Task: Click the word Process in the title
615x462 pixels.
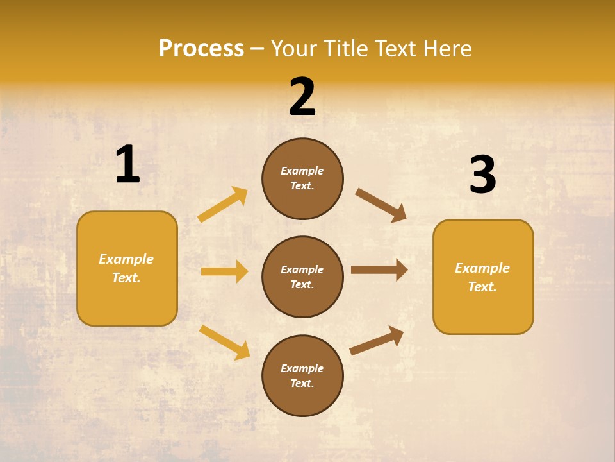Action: (201, 48)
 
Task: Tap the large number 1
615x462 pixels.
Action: (127, 165)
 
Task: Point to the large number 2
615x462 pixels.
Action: (302, 97)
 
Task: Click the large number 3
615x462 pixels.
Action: (482, 175)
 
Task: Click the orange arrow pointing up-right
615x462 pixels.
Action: (223, 205)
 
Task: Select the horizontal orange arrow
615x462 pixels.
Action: (224, 271)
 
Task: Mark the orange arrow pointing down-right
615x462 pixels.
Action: (225, 342)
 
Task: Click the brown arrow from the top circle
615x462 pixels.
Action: (381, 205)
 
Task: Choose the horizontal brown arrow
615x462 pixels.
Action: (379, 270)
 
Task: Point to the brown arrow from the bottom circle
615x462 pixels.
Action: (377, 340)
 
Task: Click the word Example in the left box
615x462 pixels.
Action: (126, 259)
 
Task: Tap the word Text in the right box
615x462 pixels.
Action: (481, 287)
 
